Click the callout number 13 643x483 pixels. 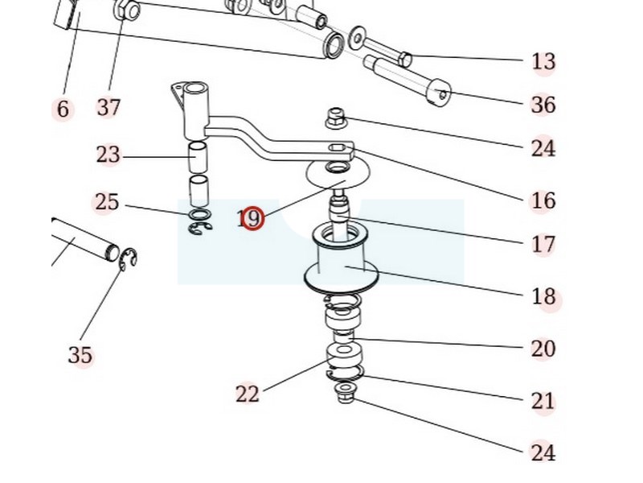543,62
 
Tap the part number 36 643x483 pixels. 543,105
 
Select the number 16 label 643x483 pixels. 543,200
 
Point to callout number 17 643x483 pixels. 543,245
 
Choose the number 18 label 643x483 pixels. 543,296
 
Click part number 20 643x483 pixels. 543,349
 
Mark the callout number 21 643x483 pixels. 543,401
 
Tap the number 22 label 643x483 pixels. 248,394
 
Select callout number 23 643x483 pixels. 109,155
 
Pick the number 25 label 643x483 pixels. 107,202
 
